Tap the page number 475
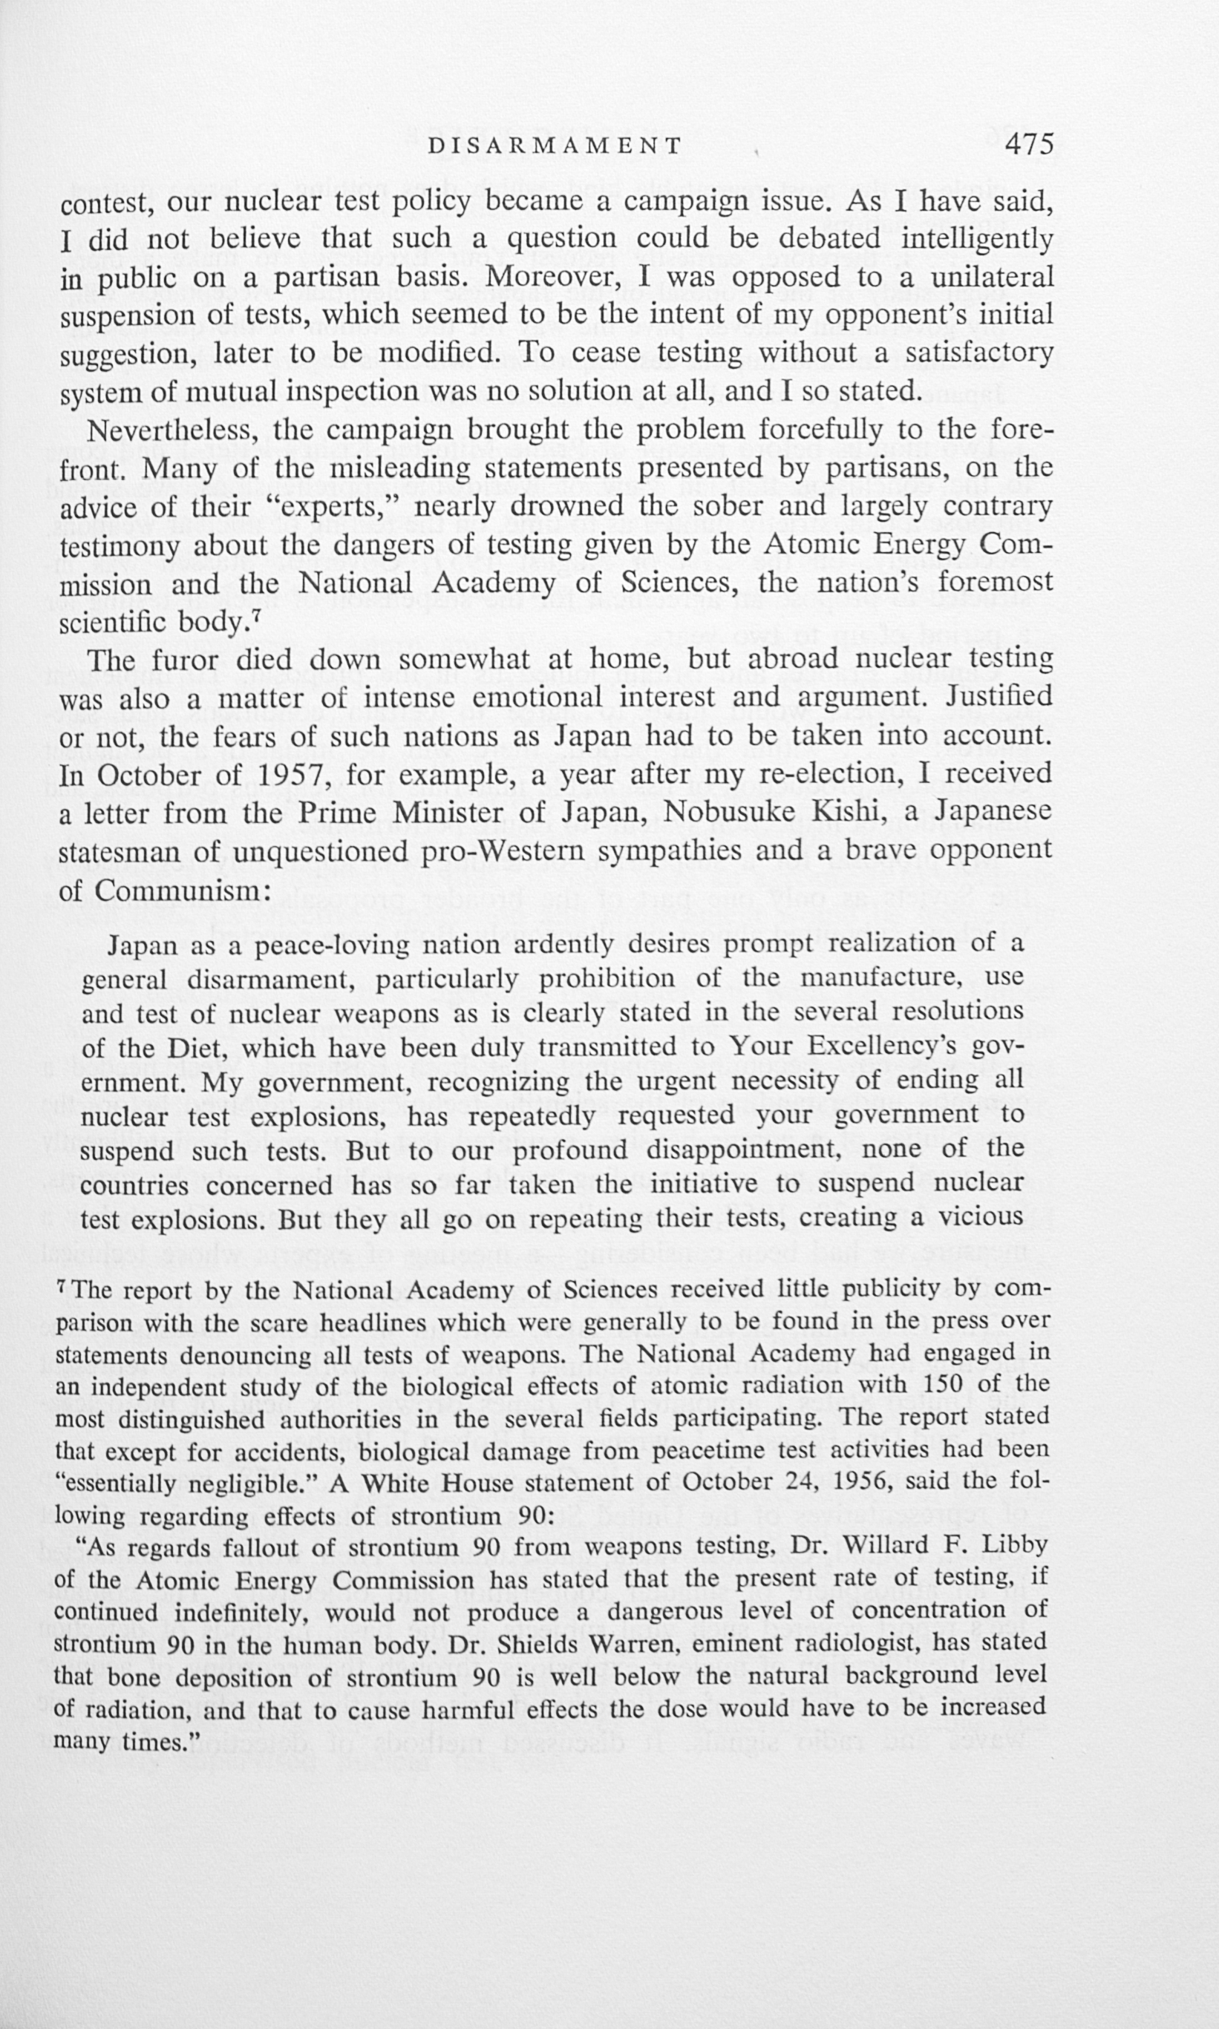pos(1028,145)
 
